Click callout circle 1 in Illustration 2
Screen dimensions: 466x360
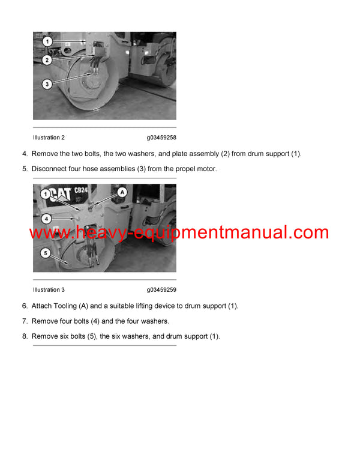click(47, 42)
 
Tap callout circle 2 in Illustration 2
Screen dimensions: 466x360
click(47, 59)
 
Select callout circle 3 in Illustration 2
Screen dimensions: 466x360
click(47, 84)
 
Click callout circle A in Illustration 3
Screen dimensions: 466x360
click(122, 192)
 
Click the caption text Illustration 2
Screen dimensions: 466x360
click(49, 138)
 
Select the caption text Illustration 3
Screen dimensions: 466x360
click(49, 290)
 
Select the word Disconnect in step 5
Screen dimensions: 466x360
click(50, 169)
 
